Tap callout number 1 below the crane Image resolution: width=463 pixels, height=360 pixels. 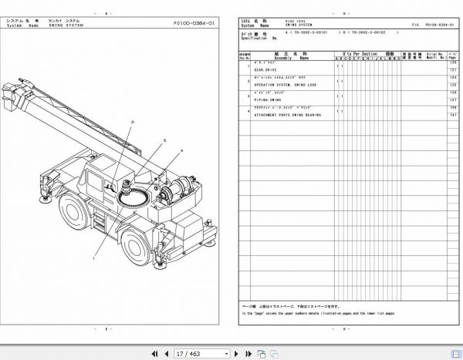[x=93, y=260]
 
